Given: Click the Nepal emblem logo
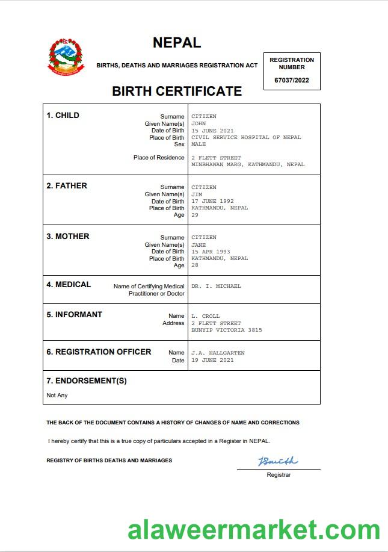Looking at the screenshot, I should (66, 57).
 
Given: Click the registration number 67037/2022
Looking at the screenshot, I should (292, 80).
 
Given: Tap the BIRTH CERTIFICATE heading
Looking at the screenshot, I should (177, 91).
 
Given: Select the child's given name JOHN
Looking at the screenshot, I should (199, 123).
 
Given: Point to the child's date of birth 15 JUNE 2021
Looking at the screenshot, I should (212, 131).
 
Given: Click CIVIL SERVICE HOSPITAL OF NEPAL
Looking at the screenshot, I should (246, 137).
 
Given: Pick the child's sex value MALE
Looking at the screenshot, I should (199, 144).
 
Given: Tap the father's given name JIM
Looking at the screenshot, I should (197, 194).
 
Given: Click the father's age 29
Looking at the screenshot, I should (195, 215).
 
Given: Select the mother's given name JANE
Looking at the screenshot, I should (199, 245).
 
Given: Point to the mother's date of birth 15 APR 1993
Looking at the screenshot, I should (211, 252).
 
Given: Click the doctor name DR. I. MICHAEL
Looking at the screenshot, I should (216, 287).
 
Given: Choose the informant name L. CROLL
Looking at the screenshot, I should (206, 316).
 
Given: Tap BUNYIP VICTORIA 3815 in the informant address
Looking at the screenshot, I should (227, 330).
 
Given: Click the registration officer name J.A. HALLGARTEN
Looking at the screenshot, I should (218, 353).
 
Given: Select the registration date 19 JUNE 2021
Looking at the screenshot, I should (212, 360).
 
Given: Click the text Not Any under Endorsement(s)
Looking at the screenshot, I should (57, 395).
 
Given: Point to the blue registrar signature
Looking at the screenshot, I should (277, 462).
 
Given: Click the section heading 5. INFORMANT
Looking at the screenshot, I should (75, 315).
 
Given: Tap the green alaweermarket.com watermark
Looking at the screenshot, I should (254, 530).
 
